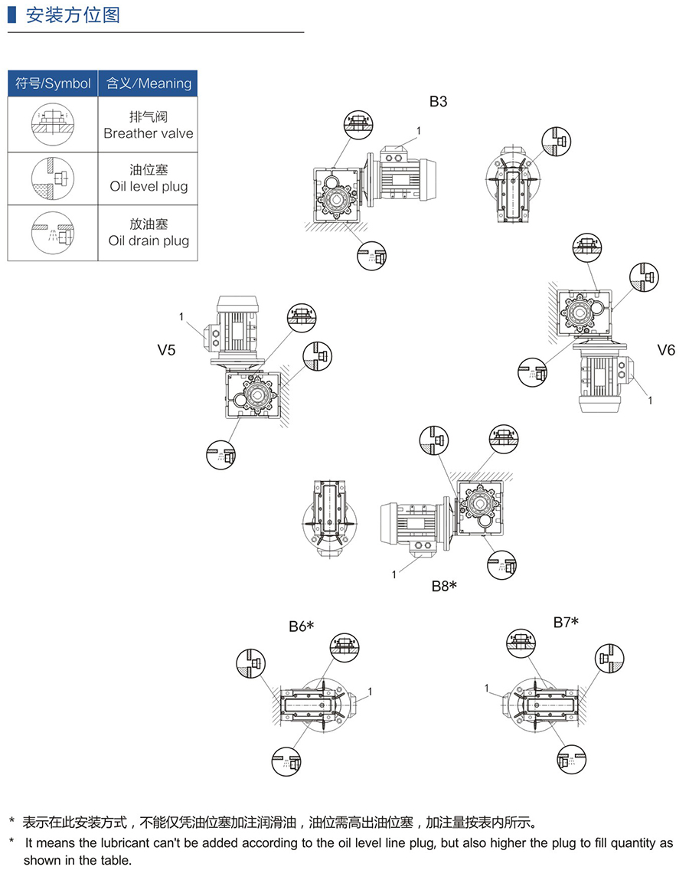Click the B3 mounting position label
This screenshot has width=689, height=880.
click(x=438, y=101)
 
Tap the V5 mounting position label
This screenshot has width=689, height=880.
click(x=166, y=350)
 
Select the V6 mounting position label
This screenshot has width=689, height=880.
click(x=666, y=350)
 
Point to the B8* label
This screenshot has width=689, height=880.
click(x=443, y=587)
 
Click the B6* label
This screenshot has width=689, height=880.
click(x=302, y=626)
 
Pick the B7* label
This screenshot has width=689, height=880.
click(x=566, y=622)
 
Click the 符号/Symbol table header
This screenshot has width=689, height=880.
click(x=53, y=83)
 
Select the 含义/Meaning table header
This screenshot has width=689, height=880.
click(x=149, y=83)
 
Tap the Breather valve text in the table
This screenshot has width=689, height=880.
click(x=149, y=133)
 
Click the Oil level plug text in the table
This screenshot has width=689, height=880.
click(x=149, y=186)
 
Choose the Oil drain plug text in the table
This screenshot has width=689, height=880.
click(x=149, y=240)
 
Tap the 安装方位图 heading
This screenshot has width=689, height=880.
click(x=73, y=15)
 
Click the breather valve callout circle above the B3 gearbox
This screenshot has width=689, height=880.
click(x=358, y=123)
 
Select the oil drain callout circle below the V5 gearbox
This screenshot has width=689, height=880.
click(x=221, y=454)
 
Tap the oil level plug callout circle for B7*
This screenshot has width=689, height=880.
click(x=610, y=658)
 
